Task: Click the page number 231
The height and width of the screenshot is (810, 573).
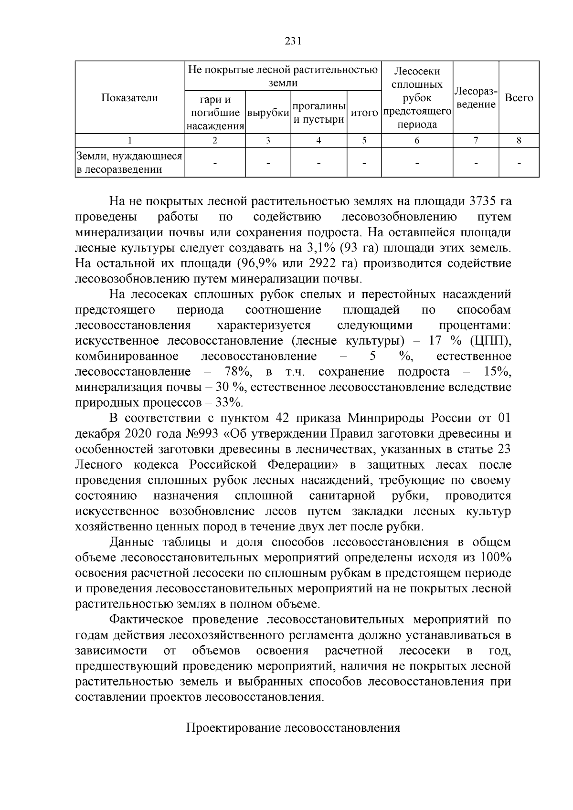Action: coord(292,41)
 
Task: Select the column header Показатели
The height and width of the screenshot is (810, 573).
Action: coord(129,98)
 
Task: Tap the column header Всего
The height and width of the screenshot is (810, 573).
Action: coord(519,98)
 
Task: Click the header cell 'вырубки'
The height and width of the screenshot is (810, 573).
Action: coord(268,113)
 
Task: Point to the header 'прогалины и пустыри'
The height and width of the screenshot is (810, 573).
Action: coord(318,113)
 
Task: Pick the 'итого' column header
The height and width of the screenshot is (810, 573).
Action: coord(364,113)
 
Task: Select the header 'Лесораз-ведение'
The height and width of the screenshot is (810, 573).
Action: coord(476,98)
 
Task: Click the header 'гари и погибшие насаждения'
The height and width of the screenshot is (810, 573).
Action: coord(215,113)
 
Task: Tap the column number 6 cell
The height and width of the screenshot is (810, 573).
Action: coord(417,140)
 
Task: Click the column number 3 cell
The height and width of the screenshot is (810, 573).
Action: coord(268,140)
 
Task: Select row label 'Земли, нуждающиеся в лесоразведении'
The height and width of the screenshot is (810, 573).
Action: coord(129,163)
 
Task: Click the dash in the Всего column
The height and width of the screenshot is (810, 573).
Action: coord(519,163)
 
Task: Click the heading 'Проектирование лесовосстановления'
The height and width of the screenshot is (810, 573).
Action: coord(292,728)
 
